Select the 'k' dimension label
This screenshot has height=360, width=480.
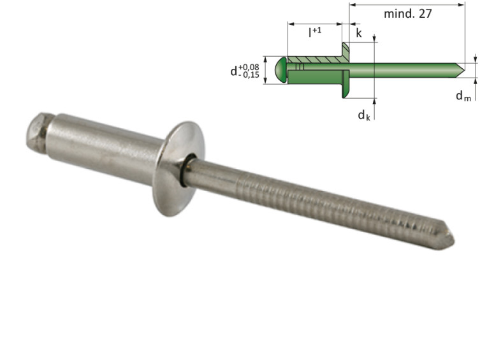click(359, 34)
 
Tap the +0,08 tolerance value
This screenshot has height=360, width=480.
click(249, 65)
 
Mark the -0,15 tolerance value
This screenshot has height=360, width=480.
click(249, 75)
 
